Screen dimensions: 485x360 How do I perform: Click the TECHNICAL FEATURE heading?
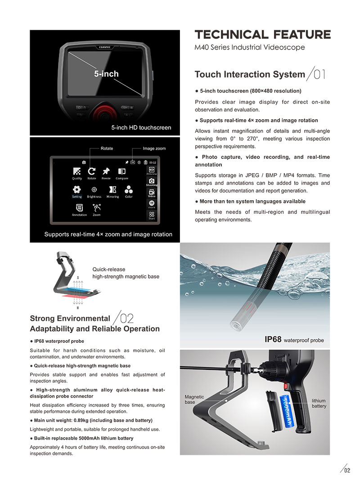262,35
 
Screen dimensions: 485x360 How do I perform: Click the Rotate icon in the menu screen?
91,171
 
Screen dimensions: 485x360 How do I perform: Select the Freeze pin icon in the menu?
106,171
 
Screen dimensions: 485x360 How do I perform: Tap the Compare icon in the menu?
121,171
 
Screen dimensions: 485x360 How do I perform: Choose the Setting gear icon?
77,189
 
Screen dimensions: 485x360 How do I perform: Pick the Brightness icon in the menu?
94,189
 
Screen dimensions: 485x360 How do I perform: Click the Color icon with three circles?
129,189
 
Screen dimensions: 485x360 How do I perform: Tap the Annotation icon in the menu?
79,207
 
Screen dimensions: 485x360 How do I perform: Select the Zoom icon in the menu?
96,207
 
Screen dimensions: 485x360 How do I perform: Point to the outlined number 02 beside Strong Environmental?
127,319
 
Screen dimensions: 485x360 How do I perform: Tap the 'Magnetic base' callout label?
194,399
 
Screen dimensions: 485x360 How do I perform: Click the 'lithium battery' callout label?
319,403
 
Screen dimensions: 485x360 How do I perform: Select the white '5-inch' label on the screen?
106,74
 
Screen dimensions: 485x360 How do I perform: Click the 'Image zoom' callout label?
154,148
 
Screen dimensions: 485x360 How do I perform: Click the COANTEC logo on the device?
106,46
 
